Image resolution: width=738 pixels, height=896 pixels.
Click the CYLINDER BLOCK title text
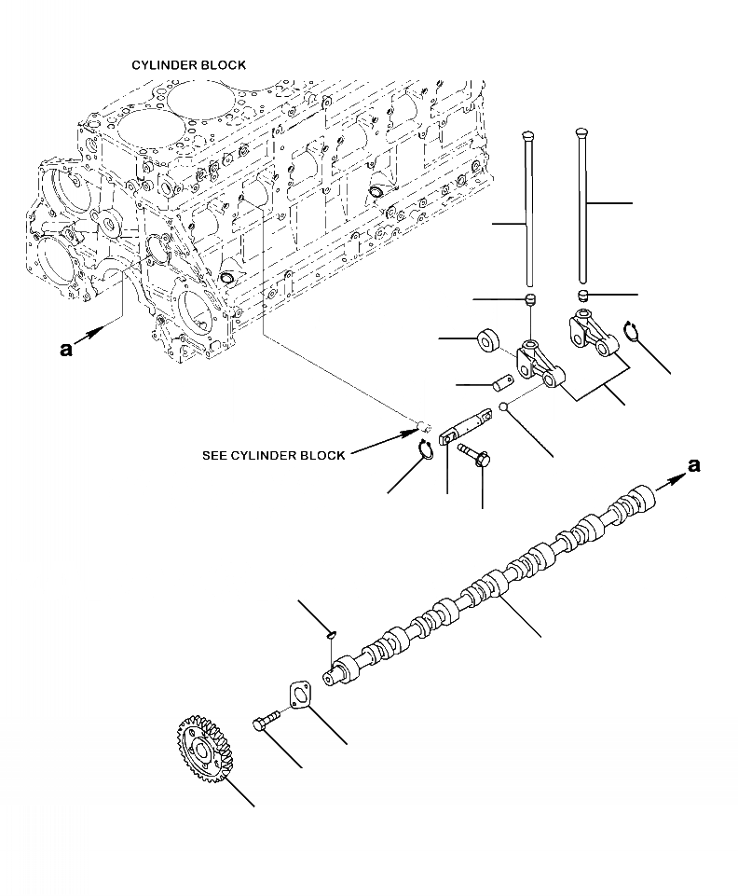point(188,65)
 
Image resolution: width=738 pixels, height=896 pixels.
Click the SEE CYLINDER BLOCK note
point(273,456)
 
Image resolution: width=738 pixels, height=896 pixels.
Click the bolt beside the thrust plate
point(266,723)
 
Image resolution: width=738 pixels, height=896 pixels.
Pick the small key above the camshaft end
point(332,636)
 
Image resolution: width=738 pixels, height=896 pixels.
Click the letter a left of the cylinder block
point(65,350)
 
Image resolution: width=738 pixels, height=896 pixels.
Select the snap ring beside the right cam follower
point(631,329)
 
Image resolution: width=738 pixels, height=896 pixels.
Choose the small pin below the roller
point(504,382)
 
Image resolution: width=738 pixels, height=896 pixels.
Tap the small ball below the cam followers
point(503,407)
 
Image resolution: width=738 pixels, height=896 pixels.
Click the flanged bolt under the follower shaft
point(475,456)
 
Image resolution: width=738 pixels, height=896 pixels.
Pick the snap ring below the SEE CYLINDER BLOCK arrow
point(425,451)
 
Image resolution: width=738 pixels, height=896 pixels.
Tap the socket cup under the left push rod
point(530,299)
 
